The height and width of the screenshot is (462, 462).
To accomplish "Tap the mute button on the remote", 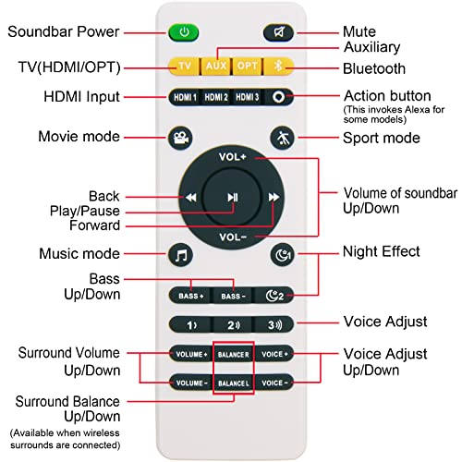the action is click(278, 32).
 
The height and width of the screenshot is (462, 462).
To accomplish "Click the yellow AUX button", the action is click(216, 66).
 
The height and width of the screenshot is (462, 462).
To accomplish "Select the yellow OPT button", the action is click(248, 66).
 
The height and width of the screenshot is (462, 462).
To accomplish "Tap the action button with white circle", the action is click(278, 97).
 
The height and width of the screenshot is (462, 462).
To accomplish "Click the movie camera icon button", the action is click(181, 138).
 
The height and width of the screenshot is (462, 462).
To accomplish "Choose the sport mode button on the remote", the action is click(282, 138).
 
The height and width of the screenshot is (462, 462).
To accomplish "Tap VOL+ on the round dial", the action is click(233, 157).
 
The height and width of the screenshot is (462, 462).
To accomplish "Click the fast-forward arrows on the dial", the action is click(274, 197).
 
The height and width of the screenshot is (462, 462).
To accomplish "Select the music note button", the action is click(181, 255).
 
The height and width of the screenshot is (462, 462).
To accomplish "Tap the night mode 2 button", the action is click(274, 296).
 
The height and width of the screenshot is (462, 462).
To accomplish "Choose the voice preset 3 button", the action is click(274, 324).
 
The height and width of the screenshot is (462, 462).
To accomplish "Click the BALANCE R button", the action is click(233, 355).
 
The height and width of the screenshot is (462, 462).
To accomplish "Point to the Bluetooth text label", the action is click(374, 68).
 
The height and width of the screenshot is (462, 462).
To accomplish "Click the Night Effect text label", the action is click(382, 251).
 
